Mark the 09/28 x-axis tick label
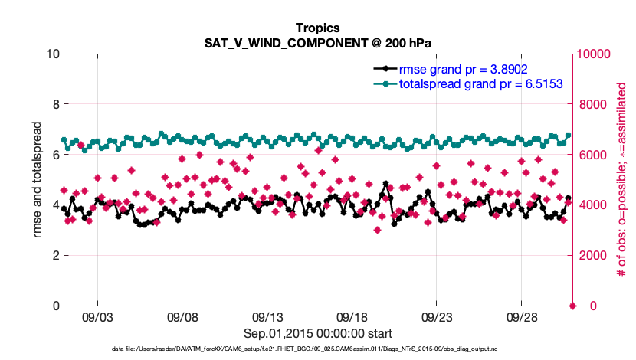521,317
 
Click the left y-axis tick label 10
52,54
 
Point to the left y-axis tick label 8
55,104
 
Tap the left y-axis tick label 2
55,255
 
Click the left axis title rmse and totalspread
37,179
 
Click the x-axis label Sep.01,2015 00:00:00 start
318,333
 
